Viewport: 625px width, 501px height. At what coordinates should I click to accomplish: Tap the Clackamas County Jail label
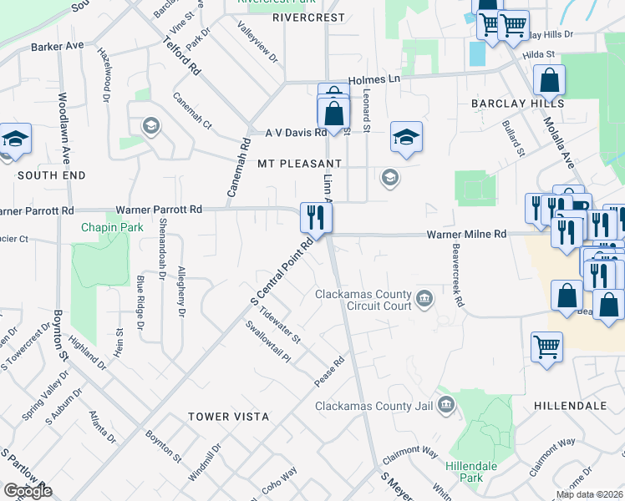pos(374,407)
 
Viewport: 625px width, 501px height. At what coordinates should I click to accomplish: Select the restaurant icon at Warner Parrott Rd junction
pos(317,218)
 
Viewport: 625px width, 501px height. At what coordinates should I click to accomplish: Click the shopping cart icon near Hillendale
pos(546,346)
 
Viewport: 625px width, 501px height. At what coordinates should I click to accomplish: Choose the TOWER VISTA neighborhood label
pos(228,416)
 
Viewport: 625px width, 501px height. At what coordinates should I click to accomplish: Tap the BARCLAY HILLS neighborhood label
pos(517,104)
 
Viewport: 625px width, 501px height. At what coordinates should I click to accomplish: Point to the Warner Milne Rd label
pos(468,235)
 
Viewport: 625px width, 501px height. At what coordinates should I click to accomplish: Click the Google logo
pos(28,491)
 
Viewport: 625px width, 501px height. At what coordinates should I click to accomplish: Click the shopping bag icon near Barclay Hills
pos(551,81)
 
